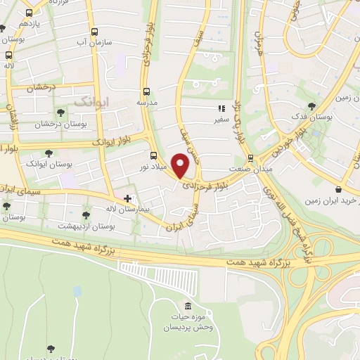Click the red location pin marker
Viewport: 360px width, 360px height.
tap(181, 164)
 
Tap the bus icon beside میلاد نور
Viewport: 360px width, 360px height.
tap(154, 156)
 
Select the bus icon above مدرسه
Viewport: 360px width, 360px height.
tap(146, 91)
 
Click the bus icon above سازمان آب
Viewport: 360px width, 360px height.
tap(95, 32)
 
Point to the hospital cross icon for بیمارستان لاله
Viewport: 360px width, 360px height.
tap(127, 199)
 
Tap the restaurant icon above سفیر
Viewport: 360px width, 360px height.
tap(221, 109)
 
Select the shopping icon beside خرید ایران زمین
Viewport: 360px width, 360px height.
tap(339, 189)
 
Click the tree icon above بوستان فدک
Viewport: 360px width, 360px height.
tap(311, 106)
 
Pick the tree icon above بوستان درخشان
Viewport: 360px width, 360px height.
tap(60, 112)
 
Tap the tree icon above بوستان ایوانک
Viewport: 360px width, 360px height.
tap(49, 153)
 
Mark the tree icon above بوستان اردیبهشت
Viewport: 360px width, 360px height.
tap(86, 215)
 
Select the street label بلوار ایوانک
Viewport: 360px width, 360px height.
tap(112, 143)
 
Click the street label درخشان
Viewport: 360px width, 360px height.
tap(41, 88)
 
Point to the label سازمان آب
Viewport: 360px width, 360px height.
tap(96, 44)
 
